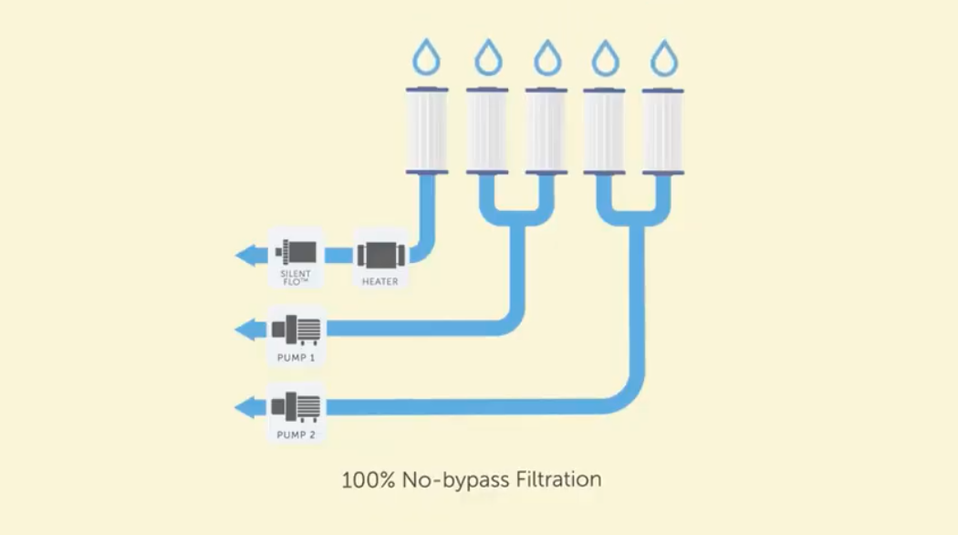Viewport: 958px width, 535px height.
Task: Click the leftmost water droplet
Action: [x=426, y=59]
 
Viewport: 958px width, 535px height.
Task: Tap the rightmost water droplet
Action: [x=663, y=59]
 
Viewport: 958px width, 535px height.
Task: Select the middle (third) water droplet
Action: [x=547, y=59]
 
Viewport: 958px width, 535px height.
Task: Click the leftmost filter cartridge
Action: [x=426, y=130]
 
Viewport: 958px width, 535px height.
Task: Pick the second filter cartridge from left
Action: [x=487, y=130]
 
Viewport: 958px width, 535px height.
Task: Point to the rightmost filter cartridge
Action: [x=663, y=130]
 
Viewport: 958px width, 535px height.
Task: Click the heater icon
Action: [x=380, y=255]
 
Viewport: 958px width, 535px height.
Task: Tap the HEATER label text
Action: [x=380, y=281]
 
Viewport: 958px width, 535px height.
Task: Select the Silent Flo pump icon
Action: [x=296, y=252]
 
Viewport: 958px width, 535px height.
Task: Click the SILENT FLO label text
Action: [x=296, y=278]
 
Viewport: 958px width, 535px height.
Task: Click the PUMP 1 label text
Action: [x=297, y=358]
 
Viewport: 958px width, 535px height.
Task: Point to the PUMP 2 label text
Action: [x=297, y=435]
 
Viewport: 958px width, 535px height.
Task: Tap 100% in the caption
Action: [x=364, y=478]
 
